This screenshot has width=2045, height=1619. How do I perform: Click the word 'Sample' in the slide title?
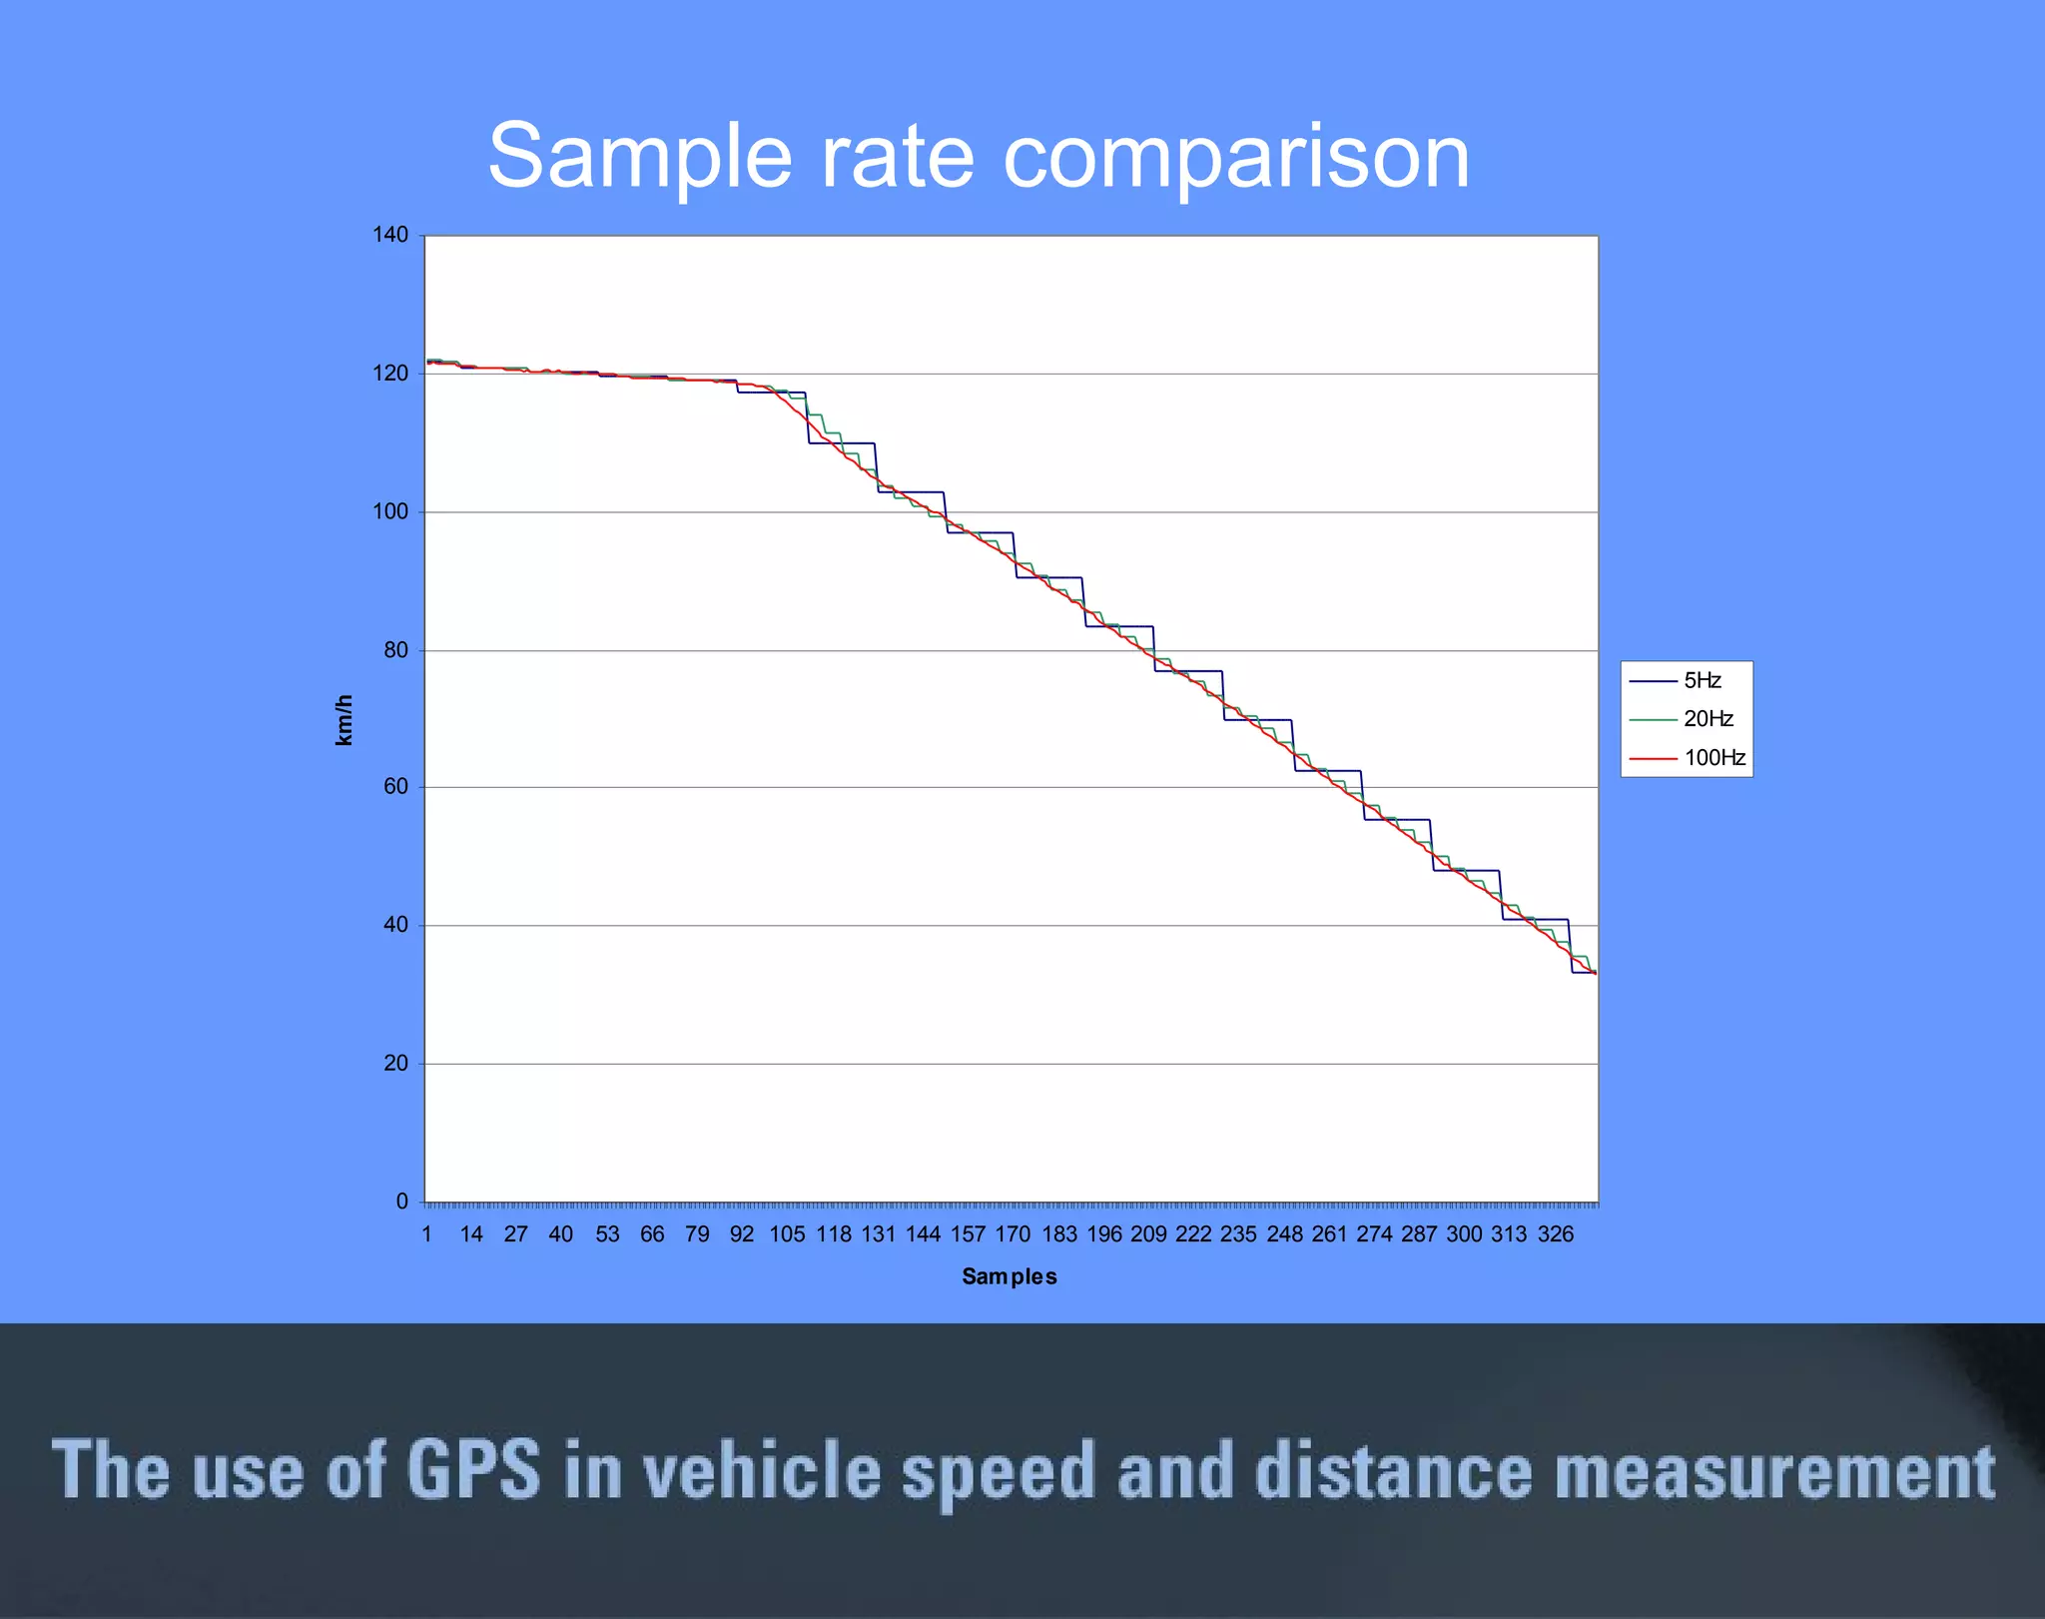[x=640, y=157]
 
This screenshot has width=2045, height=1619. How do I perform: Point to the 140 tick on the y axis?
[x=390, y=235]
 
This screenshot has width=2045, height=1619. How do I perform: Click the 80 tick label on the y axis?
[x=395, y=650]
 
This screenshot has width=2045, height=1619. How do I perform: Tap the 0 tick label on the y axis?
[x=401, y=1202]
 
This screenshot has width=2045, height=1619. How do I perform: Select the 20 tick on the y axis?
[x=395, y=1064]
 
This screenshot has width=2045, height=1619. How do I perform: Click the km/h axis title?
[x=343, y=720]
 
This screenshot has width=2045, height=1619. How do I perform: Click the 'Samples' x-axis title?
[x=1009, y=1276]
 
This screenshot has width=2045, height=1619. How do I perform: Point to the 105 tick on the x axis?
[x=787, y=1234]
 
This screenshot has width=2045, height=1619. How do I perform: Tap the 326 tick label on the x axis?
[x=1555, y=1234]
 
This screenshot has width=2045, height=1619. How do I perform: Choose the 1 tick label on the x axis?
[x=427, y=1234]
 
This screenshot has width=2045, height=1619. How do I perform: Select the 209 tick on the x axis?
[x=1148, y=1234]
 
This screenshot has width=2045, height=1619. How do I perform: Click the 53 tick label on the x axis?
[x=607, y=1234]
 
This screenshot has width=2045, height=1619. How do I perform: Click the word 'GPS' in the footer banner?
[x=473, y=1470]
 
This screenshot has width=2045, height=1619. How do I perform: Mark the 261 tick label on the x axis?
[x=1329, y=1234]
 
